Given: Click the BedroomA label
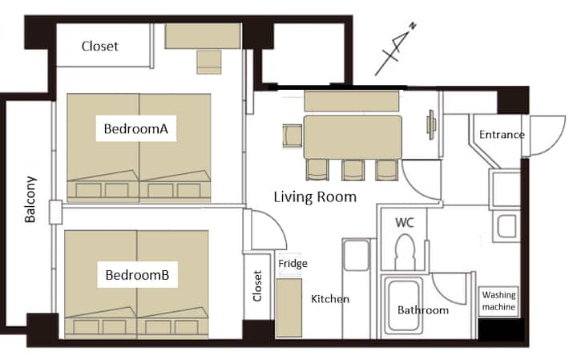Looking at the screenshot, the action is point(135,129).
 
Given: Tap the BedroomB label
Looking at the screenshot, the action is point(137,275).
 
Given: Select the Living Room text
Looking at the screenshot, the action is point(315,197).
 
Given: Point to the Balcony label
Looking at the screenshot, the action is point(30,199).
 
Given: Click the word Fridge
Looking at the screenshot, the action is point(293,264).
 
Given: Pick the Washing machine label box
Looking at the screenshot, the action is point(498,301).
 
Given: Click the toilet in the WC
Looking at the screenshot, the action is point(405,252).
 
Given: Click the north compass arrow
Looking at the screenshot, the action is point(396,49).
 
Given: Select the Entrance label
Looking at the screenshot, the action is point(502,135).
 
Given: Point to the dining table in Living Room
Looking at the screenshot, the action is point(353,137).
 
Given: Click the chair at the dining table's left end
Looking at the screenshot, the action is point(293,136).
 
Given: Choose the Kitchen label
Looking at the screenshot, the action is point(330,299).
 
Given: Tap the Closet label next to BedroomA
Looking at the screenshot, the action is point(99,47).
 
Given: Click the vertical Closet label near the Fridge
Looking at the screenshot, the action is point(257,286).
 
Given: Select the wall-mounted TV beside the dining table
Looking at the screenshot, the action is point(431,125).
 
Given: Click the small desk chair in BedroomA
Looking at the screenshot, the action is point(209,63).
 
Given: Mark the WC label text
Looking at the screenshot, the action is point(405,222).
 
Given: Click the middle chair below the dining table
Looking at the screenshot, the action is point(353,170).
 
